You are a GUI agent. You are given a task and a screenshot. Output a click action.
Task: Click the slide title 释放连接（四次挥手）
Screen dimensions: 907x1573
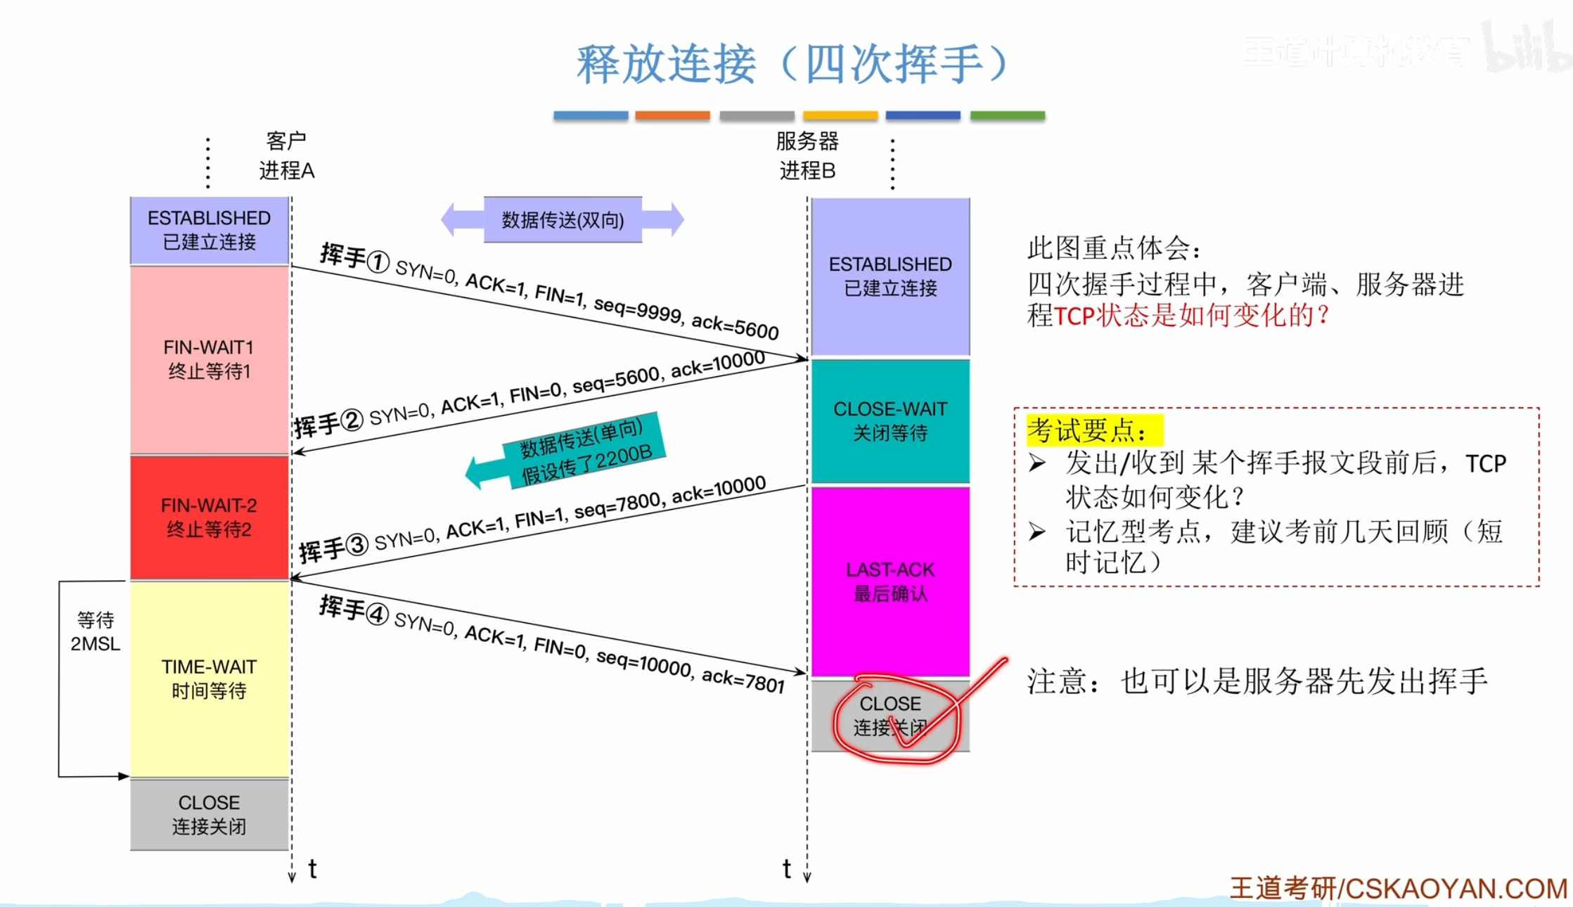[x=792, y=64]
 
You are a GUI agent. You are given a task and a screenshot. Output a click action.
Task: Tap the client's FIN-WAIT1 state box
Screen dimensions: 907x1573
[x=209, y=359]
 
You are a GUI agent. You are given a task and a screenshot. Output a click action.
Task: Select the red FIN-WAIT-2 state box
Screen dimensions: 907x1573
[x=209, y=517]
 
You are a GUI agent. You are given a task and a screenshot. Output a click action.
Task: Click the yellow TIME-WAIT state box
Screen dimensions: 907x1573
[x=209, y=678]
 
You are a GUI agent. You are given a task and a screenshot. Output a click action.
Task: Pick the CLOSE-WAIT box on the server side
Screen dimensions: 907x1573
[x=890, y=420]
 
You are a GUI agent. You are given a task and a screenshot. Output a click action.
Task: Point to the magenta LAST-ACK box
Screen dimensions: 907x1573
[x=890, y=581]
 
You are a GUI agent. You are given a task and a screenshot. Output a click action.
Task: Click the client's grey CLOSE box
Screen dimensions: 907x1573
[x=209, y=814]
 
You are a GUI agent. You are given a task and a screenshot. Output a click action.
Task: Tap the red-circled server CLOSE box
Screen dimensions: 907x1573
[x=890, y=715]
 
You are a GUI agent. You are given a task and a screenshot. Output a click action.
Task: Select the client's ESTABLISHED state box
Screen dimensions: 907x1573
[x=209, y=230]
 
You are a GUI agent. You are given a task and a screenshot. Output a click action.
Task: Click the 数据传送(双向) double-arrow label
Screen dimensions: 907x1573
[x=563, y=220]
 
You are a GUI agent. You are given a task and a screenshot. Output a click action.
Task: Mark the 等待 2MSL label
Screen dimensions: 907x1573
[x=95, y=631]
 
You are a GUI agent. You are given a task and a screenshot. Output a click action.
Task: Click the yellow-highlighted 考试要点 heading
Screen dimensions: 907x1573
[x=1086, y=430]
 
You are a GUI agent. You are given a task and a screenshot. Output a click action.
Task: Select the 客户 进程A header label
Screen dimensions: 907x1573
[x=286, y=155]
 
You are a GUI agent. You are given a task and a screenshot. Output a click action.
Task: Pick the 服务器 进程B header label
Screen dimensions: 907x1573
[x=807, y=155]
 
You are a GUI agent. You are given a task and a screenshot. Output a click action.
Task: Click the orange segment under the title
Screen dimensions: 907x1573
[x=672, y=115]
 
